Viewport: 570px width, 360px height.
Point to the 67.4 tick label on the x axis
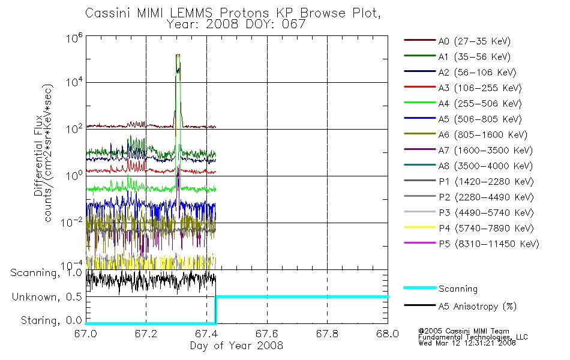coord(206,334)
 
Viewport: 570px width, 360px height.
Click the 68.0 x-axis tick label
coord(388,334)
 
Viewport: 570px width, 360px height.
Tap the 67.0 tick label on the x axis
coord(86,334)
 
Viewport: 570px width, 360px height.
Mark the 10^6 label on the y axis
coord(74,38)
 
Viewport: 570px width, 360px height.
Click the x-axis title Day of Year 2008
coord(236,346)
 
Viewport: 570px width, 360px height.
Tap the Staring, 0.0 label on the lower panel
coord(51,320)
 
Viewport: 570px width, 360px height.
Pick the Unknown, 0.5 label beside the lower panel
coord(47,297)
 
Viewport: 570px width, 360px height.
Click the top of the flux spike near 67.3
coord(178,55)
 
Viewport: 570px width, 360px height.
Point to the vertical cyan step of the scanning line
coord(215,310)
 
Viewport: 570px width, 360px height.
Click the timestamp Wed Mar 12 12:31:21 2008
coord(467,343)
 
